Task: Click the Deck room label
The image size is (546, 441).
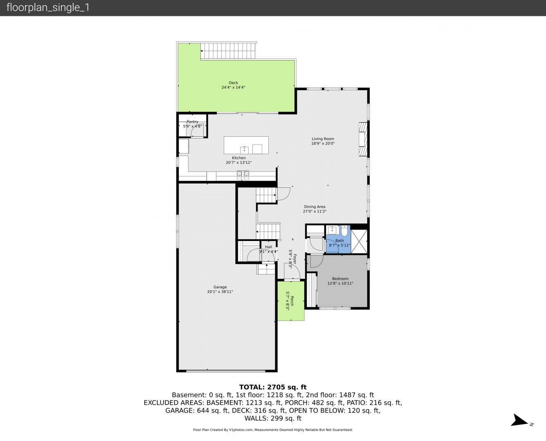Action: [x=233, y=82]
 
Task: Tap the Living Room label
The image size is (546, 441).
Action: [x=323, y=139]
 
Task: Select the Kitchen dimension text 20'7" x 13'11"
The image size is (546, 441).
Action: [x=239, y=163]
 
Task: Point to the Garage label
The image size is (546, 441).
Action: [x=220, y=287]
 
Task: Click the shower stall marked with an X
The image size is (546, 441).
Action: [x=359, y=242]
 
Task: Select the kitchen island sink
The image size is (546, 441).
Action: [x=244, y=150]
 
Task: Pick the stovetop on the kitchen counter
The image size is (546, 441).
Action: [x=243, y=175]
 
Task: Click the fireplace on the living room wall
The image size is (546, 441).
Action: [x=363, y=139]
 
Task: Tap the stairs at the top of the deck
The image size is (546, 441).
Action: [x=228, y=51]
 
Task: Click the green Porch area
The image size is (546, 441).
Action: [x=291, y=301]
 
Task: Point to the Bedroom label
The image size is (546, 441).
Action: [x=340, y=279]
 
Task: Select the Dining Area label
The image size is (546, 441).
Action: [x=315, y=207]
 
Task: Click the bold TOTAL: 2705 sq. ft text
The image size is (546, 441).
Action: [x=273, y=387]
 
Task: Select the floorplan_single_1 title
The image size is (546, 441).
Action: [x=48, y=8]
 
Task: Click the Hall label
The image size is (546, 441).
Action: [x=268, y=247]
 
